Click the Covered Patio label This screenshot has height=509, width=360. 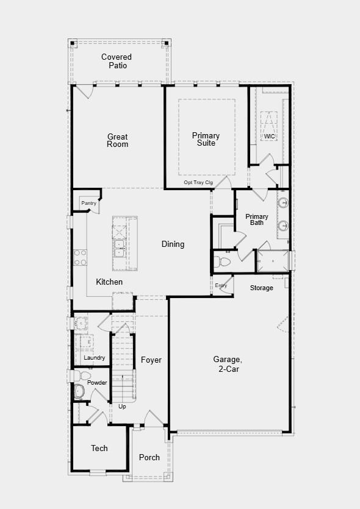(117, 61)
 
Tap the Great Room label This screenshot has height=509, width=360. (118, 140)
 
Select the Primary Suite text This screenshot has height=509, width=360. (206, 139)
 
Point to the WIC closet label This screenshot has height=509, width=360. (269, 136)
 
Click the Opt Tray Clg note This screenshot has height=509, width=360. (198, 182)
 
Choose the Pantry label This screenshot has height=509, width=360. (88, 203)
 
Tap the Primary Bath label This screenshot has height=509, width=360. (257, 219)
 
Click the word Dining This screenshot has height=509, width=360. (173, 244)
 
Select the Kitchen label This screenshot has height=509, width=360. (109, 282)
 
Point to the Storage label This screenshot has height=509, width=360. (261, 288)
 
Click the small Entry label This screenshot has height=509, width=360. (221, 285)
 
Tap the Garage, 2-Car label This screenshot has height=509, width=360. (227, 364)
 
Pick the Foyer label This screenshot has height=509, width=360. (151, 360)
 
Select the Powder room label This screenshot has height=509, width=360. (97, 383)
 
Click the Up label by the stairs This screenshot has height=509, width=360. (122, 407)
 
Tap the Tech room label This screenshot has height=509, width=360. (99, 448)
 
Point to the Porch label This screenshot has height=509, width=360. (149, 458)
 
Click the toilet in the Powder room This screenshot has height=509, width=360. (79, 390)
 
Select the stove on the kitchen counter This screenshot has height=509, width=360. (80, 257)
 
